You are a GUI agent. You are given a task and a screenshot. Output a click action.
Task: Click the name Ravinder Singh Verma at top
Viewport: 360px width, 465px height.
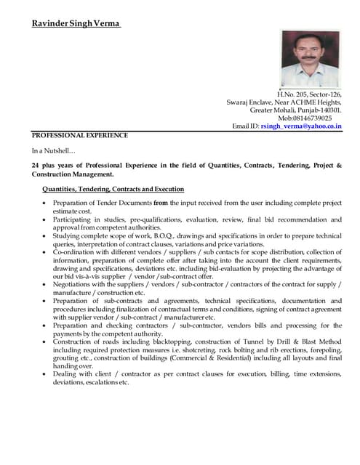(76, 24)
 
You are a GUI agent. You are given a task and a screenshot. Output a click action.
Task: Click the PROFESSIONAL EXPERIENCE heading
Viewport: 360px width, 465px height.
(80, 135)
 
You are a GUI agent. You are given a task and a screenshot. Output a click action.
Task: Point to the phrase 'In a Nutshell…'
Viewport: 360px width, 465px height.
(53, 151)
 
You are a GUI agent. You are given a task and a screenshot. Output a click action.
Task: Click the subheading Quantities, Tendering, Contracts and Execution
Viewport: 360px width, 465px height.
(113, 189)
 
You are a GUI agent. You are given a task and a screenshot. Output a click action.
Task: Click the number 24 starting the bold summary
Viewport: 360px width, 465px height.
(36, 166)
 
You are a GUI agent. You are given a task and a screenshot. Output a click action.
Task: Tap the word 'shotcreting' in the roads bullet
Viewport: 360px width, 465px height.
(205, 349)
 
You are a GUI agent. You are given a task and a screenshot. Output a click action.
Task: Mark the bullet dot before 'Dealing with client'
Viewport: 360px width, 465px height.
(46, 374)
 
